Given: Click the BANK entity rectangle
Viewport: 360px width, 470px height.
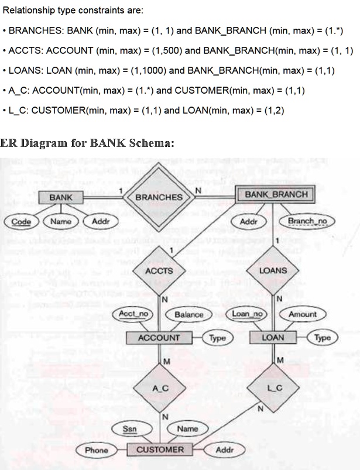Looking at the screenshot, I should (60, 197).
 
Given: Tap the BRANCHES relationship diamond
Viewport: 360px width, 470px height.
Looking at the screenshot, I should (159, 197).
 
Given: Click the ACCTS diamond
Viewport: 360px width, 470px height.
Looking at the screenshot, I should (159, 270).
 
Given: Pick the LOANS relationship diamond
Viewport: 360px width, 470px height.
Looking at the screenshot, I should (273, 270).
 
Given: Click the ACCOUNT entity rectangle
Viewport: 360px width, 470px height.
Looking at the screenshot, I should (159, 338).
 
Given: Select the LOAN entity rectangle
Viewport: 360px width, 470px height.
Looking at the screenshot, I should (273, 338).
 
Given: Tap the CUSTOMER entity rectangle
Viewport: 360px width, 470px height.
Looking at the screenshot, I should (160, 450).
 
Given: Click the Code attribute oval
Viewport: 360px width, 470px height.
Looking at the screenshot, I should (21, 222).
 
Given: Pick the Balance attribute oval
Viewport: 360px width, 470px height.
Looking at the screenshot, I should (189, 314).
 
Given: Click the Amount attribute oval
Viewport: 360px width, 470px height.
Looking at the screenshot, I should (302, 314).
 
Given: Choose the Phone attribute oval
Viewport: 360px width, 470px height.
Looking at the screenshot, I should (97, 450).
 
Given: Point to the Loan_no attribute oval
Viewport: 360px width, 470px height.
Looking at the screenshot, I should (245, 314).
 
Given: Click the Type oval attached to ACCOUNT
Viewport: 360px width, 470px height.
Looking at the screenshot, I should (217, 338).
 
